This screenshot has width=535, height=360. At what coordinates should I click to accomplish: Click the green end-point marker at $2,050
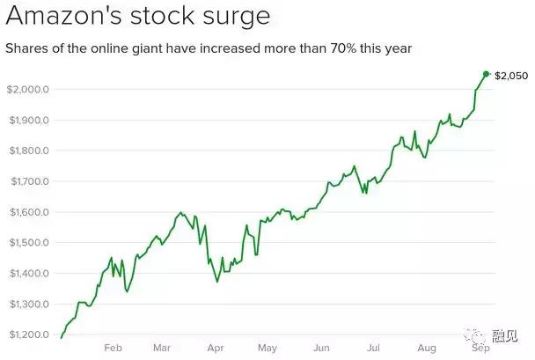coord(487,74)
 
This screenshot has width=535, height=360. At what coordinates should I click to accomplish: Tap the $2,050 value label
coord(510,76)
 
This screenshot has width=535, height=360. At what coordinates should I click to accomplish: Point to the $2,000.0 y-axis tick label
coord(27,90)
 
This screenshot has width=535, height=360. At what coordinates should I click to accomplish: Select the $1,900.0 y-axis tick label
coord(27,121)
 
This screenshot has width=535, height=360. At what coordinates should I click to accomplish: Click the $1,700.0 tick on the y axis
coord(27,182)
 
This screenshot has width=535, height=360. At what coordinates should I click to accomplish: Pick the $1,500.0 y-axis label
coord(27,243)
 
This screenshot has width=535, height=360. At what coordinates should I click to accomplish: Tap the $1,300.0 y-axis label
coord(27,305)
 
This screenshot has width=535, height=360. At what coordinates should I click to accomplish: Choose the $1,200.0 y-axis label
coord(27,335)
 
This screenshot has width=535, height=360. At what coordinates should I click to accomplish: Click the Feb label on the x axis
coord(112,348)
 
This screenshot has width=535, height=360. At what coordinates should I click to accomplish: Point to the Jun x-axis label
coord(322,348)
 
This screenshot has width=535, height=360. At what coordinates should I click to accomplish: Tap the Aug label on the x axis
coord(427,348)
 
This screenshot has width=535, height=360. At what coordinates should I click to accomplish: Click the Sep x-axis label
coord(480,348)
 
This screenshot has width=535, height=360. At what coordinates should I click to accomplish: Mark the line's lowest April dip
coord(216,282)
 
